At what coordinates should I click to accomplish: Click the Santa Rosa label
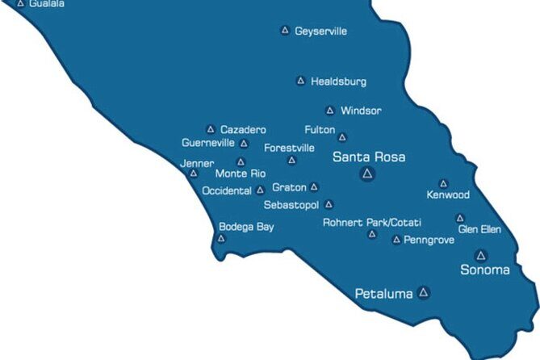click(x=369, y=157)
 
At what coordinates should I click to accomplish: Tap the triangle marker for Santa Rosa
click(x=368, y=174)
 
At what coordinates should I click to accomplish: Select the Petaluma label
click(x=383, y=294)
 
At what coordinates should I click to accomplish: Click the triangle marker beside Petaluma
click(x=424, y=292)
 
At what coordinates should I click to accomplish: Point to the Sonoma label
click(x=484, y=270)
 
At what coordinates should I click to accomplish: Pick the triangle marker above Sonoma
click(x=481, y=255)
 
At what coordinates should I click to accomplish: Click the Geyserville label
click(x=320, y=31)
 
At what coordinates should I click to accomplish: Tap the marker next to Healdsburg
click(x=300, y=81)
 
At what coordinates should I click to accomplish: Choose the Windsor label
click(x=361, y=111)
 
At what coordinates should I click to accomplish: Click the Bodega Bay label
click(x=246, y=227)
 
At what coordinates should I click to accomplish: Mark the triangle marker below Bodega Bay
click(x=221, y=238)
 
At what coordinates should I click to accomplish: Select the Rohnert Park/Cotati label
click(x=372, y=223)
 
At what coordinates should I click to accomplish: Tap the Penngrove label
click(x=429, y=240)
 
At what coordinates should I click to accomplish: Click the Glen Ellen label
click(x=479, y=229)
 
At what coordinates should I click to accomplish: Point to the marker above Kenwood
click(x=443, y=184)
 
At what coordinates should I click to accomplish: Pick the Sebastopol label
click(x=291, y=205)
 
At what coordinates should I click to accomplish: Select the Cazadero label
click(x=243, y=129)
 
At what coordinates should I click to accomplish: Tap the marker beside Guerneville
click(x=244, y=144)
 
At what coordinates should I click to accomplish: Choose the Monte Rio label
click(x=240, y=174)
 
